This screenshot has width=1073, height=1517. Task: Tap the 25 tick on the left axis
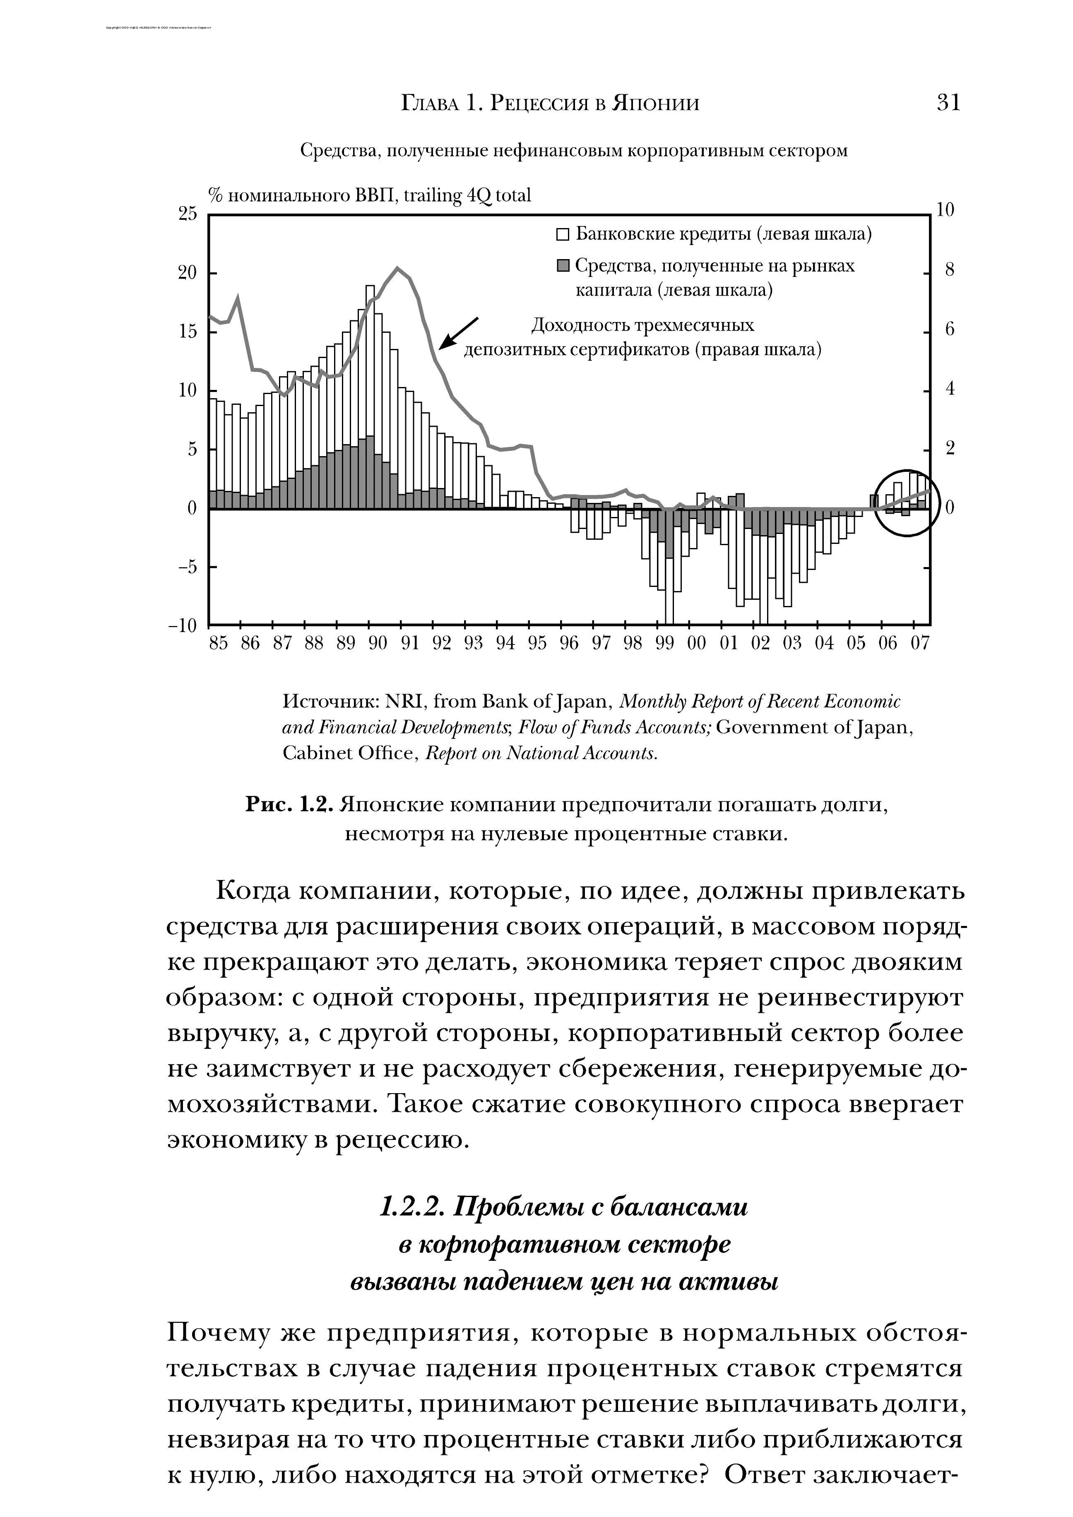point(187,214)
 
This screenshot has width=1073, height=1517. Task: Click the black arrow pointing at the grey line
point(459,332)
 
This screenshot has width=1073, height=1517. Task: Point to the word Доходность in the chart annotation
point(580,326)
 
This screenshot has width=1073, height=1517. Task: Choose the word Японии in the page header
point(655,104)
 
